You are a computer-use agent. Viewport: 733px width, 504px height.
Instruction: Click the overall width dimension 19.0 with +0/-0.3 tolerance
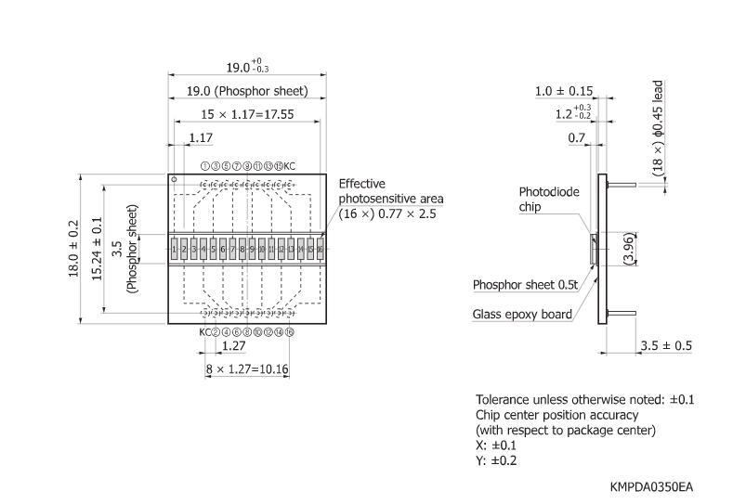[246, 67]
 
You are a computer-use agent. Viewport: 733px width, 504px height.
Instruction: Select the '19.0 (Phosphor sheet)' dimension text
[246, 91]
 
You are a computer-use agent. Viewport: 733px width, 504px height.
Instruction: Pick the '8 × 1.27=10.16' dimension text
[247, 368]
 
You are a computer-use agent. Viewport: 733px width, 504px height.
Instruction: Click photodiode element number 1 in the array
[174, 250]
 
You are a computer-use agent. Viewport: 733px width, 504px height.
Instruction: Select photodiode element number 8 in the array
[242, 250]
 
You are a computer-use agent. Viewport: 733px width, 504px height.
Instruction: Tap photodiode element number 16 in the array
[320, 250]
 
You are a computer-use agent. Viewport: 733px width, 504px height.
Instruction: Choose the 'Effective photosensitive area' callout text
[391, 199]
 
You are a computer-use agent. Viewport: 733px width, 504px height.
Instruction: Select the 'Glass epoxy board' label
[522, 315]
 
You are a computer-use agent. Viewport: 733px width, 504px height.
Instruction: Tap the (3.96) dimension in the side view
[628, 250]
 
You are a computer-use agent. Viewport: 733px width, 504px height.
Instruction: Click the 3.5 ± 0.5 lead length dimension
[665, 345]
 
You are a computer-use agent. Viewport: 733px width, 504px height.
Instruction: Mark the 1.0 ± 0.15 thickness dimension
[564, 91]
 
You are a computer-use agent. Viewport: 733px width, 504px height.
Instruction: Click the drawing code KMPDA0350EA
[651, 486]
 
